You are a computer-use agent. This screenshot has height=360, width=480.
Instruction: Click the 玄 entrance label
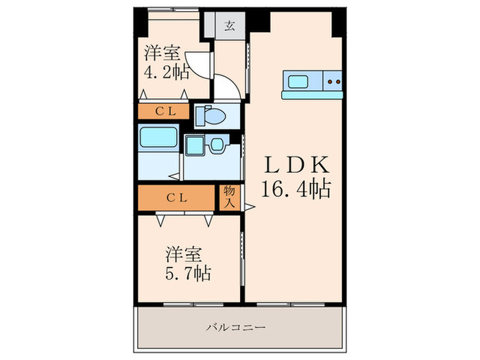click(228, 27)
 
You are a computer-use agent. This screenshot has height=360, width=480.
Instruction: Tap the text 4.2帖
click(165, 73)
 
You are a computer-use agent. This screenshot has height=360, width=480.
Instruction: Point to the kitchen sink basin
click(298, 82)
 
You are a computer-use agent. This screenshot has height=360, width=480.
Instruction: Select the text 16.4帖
click(296, 187)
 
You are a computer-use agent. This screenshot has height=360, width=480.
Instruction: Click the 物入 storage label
click(228, 197)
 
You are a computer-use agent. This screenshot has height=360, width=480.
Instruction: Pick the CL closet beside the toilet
click(164, 110)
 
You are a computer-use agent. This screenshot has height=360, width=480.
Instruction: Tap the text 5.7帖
click(187, 273)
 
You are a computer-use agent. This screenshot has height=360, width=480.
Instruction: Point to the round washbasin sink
click(217, 145)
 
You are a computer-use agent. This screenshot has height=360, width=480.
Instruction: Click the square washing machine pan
click(194, 145)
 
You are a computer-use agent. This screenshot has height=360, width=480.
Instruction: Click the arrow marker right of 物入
click(250, 206)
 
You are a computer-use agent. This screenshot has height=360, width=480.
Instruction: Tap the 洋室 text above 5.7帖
click(182, 254)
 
